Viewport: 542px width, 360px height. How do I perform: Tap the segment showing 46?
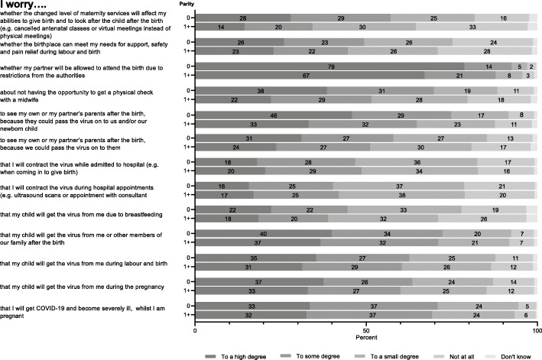pyautogui.click(x=273, y=115)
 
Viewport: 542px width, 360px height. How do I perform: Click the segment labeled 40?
pyautogui.click(x=263, y=232)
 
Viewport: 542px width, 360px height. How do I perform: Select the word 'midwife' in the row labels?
pyautogui.click(x=28, y=99)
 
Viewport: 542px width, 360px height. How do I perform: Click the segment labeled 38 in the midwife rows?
pyautogui.click(x=261, y=90)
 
